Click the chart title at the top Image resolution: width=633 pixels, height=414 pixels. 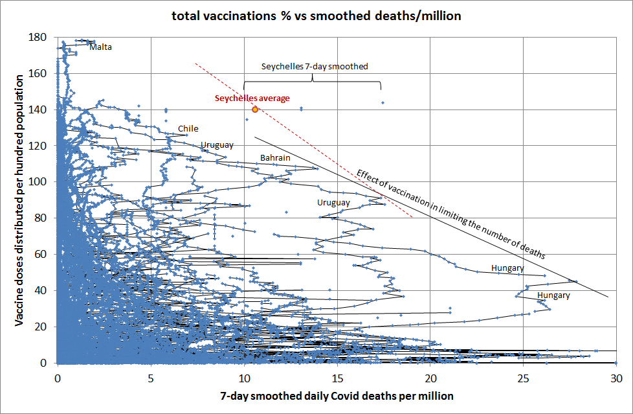316,16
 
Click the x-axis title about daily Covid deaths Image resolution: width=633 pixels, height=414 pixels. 337,395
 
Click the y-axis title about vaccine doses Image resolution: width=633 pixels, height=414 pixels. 19,200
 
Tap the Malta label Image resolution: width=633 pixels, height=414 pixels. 101,47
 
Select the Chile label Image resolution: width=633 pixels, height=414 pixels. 188,128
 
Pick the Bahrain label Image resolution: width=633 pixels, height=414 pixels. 275,157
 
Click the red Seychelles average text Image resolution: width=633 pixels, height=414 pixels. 252,98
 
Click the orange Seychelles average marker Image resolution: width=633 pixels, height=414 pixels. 255,109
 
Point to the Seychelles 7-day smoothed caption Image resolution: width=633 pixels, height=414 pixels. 315,66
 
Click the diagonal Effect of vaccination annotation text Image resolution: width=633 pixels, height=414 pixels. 450,214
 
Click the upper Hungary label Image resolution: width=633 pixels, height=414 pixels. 507,268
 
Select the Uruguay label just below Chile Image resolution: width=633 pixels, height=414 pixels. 217,144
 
